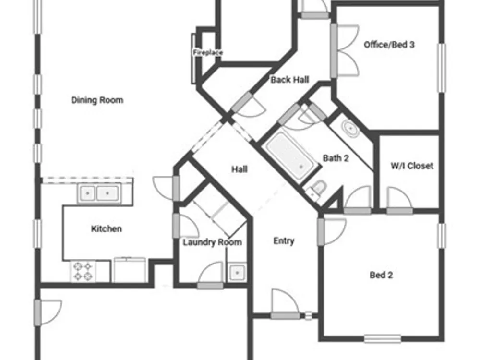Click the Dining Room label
[x=97, y=100]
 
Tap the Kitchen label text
[x=107, y=228]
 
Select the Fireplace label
[x=208, y=52]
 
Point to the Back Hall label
[x=290, y=80]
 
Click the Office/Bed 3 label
[x=389, y=45]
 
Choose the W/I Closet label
[x=412, y=166]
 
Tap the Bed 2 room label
[x=381, y=275]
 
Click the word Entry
[x=284, y=241]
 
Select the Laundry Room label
[x=213, y=242]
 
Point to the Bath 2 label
[x=336, y=158]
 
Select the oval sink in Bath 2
[x=350, y=129]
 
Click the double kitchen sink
[x=99, y=193]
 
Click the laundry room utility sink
[x=237, y=272]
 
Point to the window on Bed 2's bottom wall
[x=383, y=339]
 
